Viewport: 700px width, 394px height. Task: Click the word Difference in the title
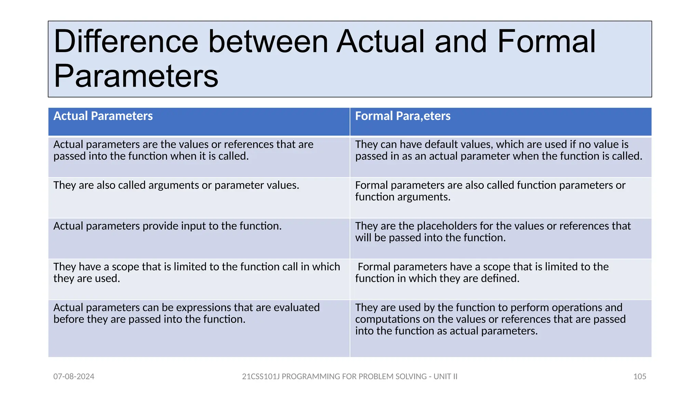click(126, 42)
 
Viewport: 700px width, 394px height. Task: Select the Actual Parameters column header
click(103, 116)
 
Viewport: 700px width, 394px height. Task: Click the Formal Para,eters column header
click(403, 116)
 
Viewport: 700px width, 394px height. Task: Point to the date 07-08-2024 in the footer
click(74, 377)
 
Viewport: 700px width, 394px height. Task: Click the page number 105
click(640, 377)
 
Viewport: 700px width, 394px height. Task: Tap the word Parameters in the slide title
click(136, 76)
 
